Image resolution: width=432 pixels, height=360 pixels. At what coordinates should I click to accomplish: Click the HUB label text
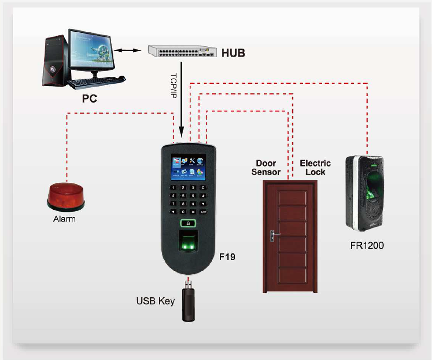coord(233,53)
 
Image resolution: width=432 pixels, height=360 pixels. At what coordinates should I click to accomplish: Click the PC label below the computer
coord(89,99)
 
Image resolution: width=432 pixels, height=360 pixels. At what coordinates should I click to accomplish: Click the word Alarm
coord(64,219)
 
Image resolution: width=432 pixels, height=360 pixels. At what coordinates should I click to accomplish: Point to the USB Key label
coord(155,302)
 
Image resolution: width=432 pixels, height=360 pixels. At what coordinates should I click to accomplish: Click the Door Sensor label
coord(266,168)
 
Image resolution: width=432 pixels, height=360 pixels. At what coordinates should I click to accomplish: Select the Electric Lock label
coord(315,168)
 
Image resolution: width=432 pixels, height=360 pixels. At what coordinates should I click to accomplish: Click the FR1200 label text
coord(367,245)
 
